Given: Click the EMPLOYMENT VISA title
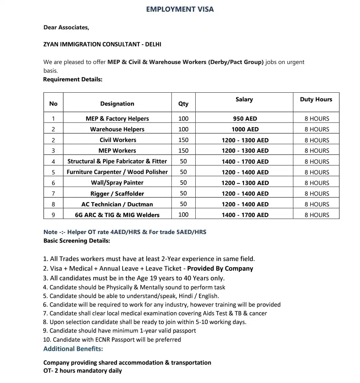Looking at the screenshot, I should [180, 9].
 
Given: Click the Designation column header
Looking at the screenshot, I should [117, 104].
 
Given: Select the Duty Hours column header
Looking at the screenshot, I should [316, 99].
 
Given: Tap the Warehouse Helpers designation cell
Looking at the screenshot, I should [117, 129].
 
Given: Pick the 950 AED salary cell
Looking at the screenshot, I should [245, 119].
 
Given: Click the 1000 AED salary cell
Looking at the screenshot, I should [245, 129].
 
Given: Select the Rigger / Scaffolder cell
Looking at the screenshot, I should [117, 194].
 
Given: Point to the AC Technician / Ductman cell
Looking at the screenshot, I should [117, 204].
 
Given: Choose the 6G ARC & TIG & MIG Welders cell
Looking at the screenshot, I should [117, 215].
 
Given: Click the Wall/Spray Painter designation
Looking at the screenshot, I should [117, 183].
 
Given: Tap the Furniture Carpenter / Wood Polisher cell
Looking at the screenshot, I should [117, 172].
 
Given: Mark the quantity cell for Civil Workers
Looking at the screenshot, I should [183, 140].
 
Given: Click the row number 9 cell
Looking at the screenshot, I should [53, 215].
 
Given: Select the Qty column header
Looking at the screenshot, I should [183, 104].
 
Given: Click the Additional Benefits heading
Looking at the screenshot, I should [73, 349].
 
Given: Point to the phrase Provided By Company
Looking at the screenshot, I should [220, 269].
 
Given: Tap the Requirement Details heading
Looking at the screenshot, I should [73, 79].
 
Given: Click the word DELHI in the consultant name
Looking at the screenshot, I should [153, 44].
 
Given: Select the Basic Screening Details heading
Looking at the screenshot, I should [77, 241].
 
